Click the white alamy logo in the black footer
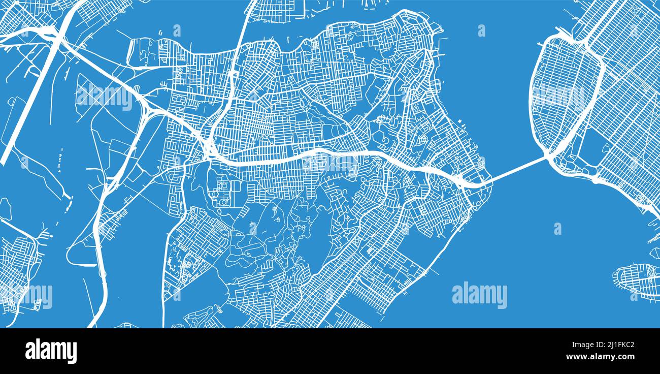(51, 351)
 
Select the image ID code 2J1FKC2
(616, 346)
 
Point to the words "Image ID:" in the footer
(584, 346)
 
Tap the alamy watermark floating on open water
(479, 295)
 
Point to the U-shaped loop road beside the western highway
(81, 254)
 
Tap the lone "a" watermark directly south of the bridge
(557, 229)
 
